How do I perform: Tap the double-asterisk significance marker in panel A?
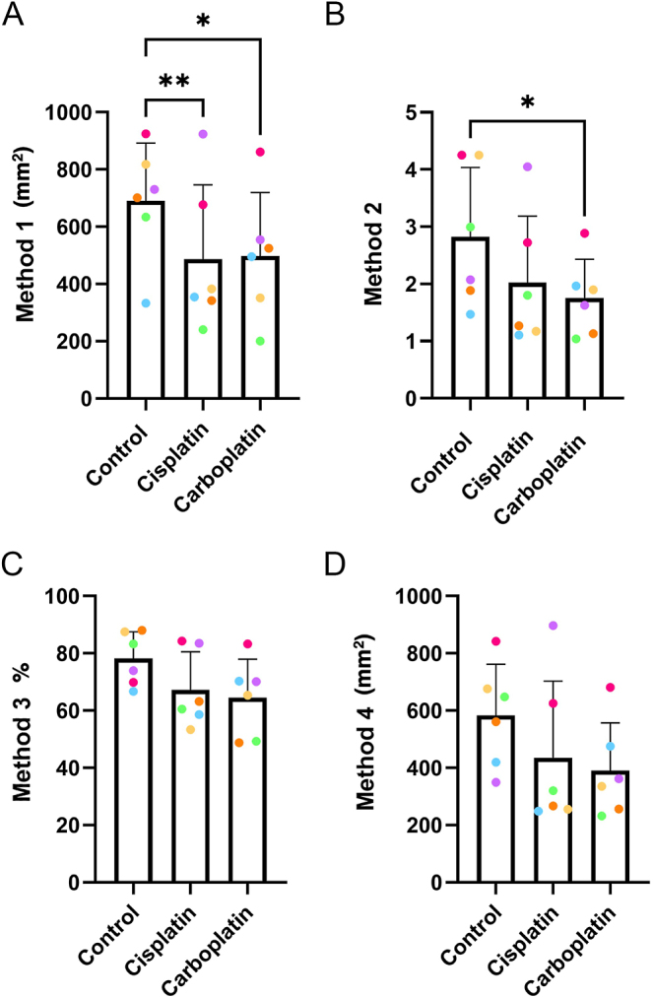174,82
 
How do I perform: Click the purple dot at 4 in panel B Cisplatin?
527,166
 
